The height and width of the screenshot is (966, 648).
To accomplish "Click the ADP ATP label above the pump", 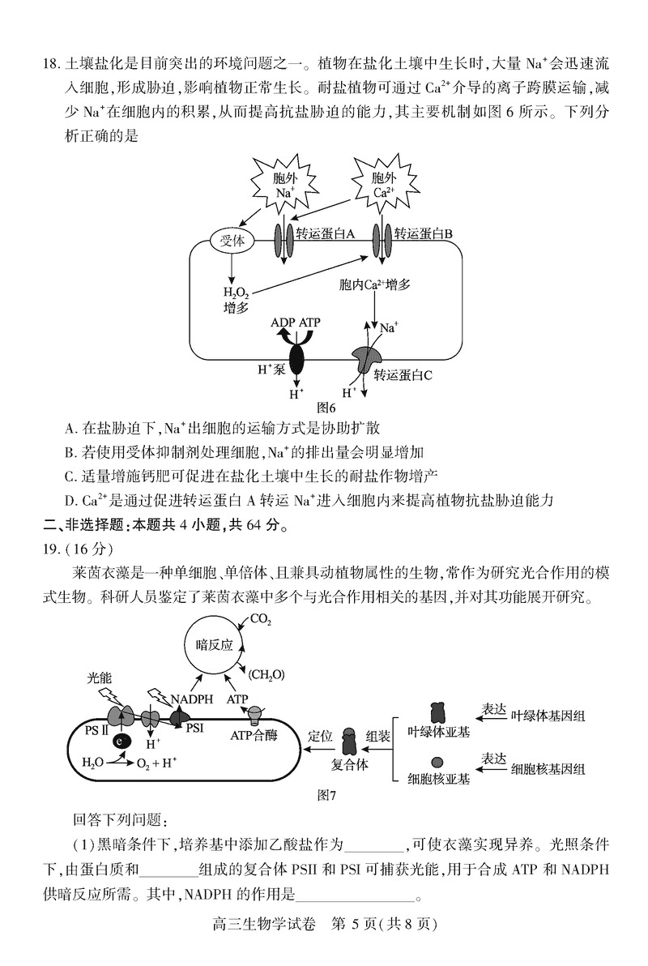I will click(x=296, y=323).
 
